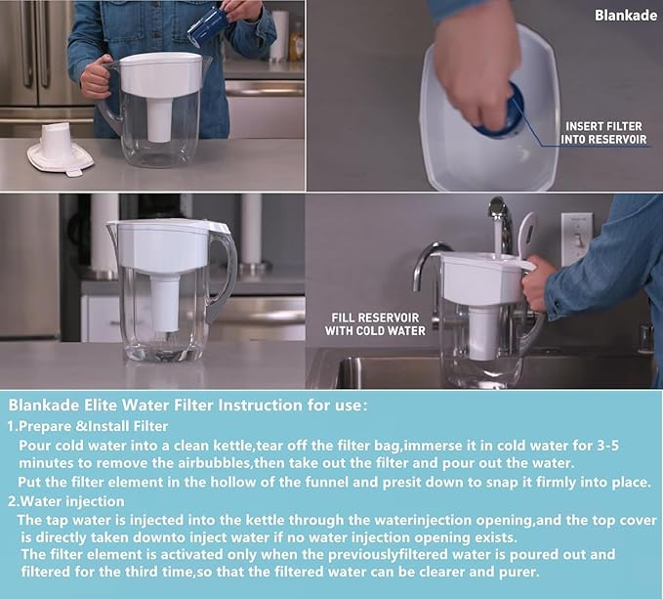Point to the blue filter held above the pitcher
pos(207,23)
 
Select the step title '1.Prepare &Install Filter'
pos(87,426)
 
